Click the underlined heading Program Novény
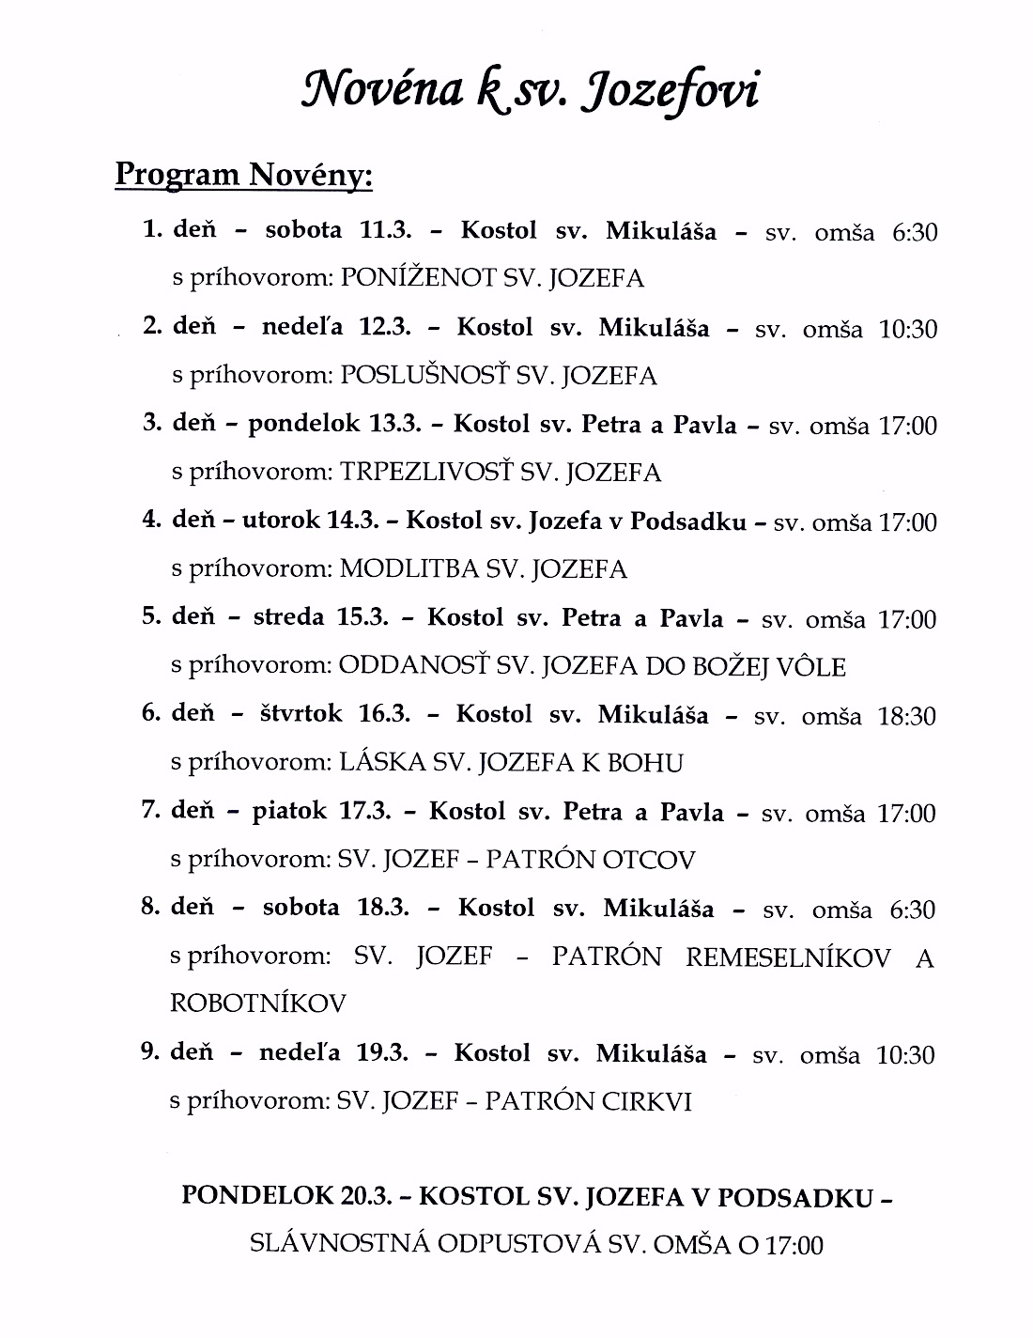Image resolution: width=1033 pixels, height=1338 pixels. [x=243, y=174]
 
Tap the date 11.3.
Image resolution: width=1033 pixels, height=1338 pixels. [x=375, y=230]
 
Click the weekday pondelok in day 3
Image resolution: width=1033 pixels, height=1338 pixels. [x=304, y=425]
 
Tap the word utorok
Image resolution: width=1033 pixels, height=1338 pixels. [x=282, y=521]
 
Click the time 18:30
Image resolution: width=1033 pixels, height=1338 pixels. [x=906, y=717]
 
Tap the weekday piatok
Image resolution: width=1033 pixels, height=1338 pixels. [x=289, y=812]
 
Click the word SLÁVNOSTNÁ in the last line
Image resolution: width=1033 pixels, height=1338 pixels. [x=339, y=1245]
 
